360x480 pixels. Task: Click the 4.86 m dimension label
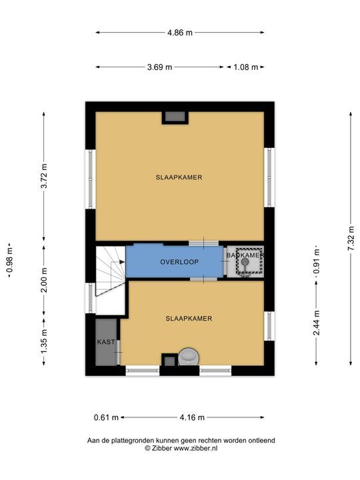[x=180, y=33]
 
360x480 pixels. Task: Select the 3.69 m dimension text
[x=159, y=67]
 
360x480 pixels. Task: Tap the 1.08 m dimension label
[x=246, y=67]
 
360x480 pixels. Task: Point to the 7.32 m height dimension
[x=351, y=239]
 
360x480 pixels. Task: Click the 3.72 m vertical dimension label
[x=44, y=177]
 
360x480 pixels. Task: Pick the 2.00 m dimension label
[x=44, y=280]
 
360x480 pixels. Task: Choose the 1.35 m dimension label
[x=44, y=341]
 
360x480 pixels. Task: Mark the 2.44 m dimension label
[x=316, y=323]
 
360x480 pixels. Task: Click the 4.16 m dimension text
[x=192, y=417]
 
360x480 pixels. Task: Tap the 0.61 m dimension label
[x=106, y=417]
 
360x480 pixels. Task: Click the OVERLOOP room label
[x=179, y=262]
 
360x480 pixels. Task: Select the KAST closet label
[x=106, y=342]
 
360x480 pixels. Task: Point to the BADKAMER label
[x=245, y=255]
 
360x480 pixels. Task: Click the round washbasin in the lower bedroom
[x=189, y=357]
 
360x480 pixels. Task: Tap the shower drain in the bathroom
[x=245, y=262]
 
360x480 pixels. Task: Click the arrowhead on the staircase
[x=122, y=262]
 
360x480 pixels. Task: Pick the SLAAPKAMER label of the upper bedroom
[x=179, y=177]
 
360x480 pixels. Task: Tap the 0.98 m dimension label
[x=10, y=260]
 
